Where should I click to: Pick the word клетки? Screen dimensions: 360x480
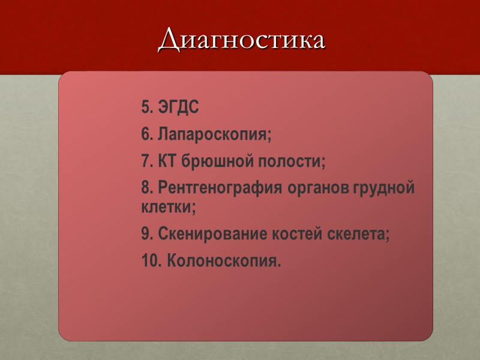(169, 208)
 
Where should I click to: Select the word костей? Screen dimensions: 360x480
(293, 235)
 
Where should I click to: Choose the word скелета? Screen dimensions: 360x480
(359, 235)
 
